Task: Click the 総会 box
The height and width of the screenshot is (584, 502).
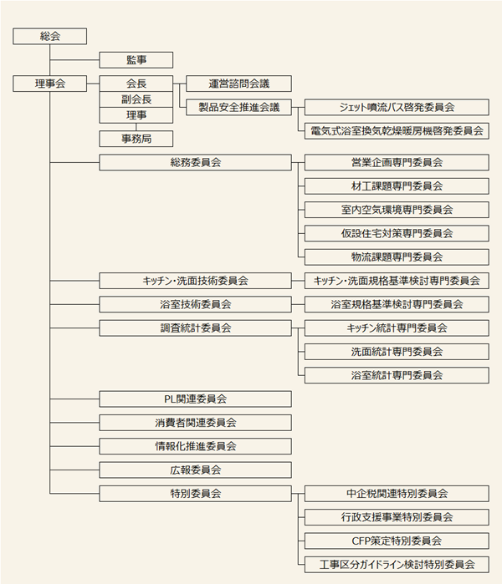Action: click(50, 36)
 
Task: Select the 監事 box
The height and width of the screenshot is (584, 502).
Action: click(136, 59)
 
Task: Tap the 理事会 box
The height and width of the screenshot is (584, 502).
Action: click(50, 84)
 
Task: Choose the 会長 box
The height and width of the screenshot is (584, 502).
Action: click(136, 84)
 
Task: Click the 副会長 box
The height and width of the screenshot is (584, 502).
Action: click(136, 99)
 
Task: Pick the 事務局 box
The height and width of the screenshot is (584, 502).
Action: click(136, 139)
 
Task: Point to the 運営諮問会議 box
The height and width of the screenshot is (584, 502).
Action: click(238, 84)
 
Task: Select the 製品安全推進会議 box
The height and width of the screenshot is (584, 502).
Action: click(238, 107)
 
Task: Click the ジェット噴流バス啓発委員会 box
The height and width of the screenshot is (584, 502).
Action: click(397, 107)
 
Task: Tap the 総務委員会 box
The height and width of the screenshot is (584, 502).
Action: click(195, 162)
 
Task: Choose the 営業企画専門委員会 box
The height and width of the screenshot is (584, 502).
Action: click(397, 162)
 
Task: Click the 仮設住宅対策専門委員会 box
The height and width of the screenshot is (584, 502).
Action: click(397, 233)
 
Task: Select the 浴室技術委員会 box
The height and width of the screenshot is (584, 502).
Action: click(195, 304)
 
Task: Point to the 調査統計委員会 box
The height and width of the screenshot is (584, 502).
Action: click(195, 328)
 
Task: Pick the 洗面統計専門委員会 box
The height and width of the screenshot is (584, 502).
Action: click(397, 352)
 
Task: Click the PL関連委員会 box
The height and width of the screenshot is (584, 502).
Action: click(195, 399)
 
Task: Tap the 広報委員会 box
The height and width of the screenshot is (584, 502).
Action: click(195, 470)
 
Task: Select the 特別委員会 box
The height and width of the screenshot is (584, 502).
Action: click(195, 493)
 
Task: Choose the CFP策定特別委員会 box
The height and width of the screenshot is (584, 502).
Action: click(397, 541)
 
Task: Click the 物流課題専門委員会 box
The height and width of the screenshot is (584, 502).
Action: click(397, 256)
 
